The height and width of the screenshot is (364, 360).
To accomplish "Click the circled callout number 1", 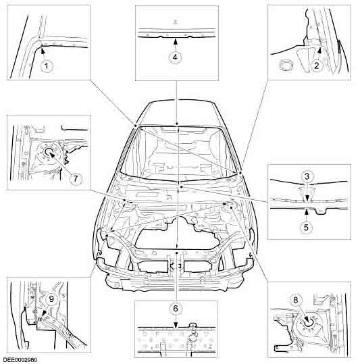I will (45, 66).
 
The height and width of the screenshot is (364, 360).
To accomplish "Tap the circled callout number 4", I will (175, 57).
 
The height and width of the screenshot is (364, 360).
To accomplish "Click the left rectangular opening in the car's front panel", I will (153, 265).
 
